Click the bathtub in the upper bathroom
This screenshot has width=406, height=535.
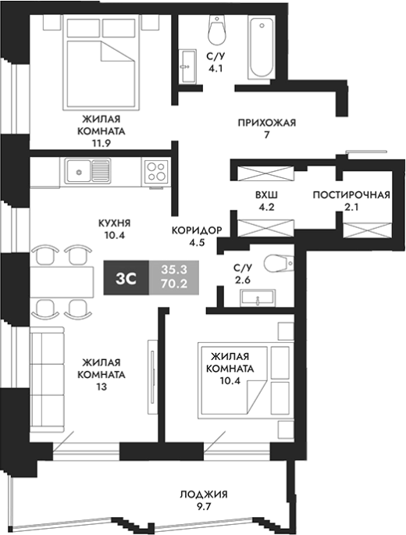[261, 48]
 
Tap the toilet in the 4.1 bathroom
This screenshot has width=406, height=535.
[217, 30]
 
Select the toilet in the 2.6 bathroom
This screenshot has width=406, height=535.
[279, 263]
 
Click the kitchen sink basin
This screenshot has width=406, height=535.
[79, 172]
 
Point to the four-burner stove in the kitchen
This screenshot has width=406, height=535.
[156, 171]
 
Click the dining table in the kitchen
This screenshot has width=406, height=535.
[62, 282]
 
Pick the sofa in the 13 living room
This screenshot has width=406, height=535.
[47, 380]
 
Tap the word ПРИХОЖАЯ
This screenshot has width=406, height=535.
[267, 123]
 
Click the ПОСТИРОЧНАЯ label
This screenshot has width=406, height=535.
[351, 194]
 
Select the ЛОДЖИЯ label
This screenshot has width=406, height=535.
[204, 494]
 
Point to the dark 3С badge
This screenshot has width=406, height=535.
[126, 278]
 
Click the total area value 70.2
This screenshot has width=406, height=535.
[174, 284]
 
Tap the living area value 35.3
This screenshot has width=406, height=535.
[174, 269]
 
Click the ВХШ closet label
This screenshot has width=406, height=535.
[266, 194]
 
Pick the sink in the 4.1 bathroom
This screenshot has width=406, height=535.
[188, 66]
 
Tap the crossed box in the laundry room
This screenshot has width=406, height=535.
[368, 230]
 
